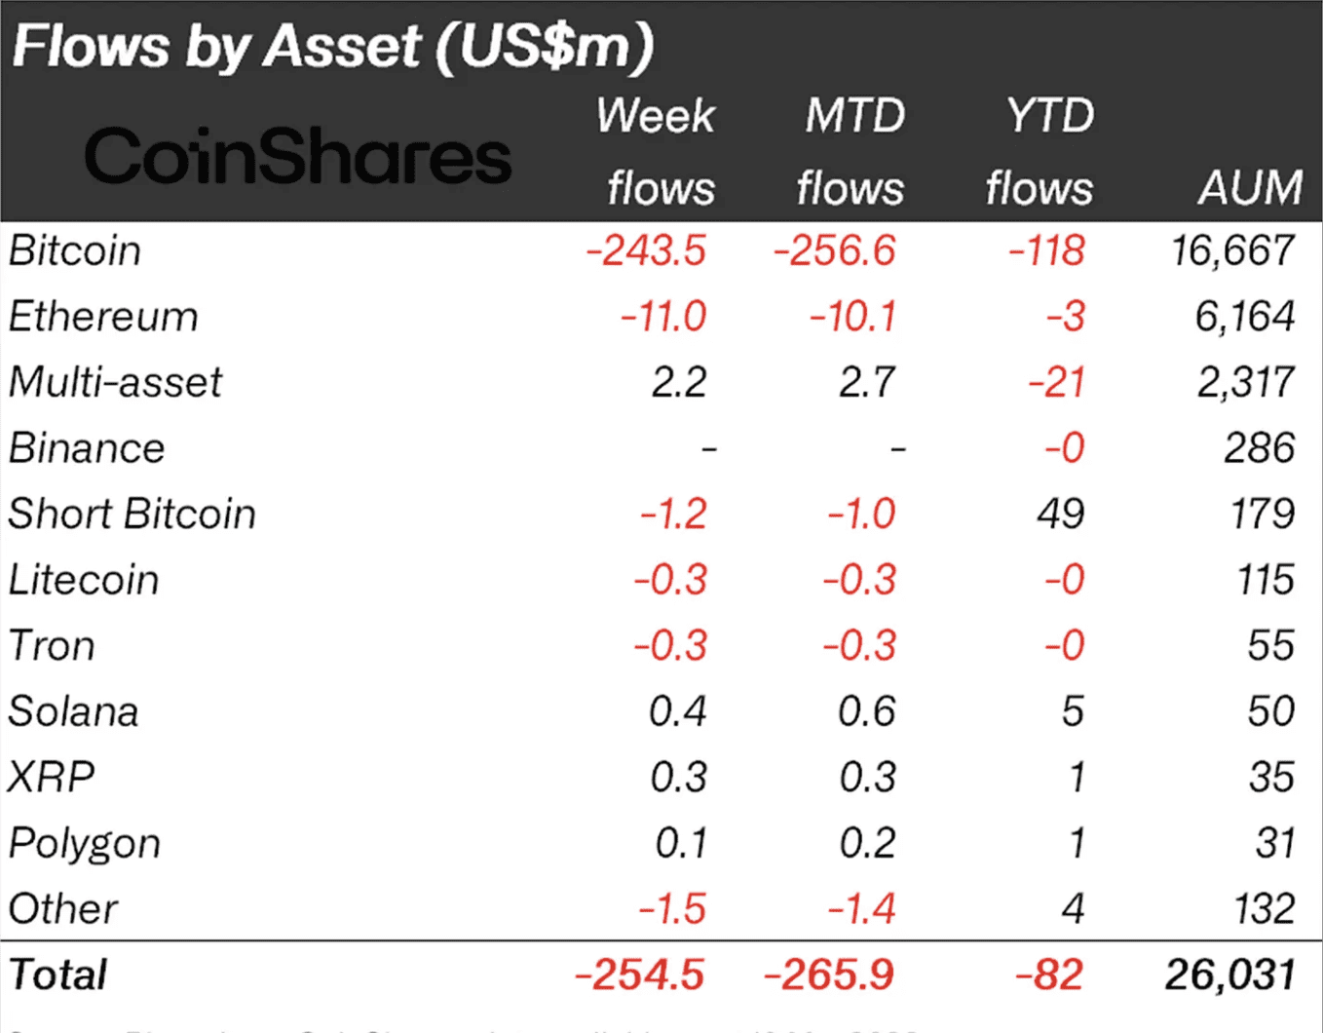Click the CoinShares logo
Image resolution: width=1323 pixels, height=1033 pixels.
[x=297, y=156]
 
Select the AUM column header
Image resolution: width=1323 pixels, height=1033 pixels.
[x=1250, y=187]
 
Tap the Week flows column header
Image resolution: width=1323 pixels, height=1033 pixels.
[x=658, y=152]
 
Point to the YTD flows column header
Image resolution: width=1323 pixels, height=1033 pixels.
[x=1041, y=152]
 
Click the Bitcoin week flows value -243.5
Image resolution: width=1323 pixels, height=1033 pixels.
[x=646, y=250]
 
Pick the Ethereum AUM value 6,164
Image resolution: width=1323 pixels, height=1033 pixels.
[x=1245, y=317]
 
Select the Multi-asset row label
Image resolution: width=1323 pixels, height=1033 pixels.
[x=115, y=382]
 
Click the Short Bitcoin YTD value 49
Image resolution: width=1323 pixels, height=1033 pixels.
[x=1060, y=514]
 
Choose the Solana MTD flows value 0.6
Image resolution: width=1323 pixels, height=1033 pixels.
[x=866, y=711]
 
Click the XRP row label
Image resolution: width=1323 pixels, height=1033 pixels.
[x=52, y=778]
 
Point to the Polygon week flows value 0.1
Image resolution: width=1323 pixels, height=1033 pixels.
[x=680, y=843]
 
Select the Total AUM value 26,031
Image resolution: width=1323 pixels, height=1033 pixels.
[x=1229, y=975]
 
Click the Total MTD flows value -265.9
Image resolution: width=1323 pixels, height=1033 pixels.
[x=829, y=975]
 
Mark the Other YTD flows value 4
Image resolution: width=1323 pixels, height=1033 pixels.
[x=1072, y=909]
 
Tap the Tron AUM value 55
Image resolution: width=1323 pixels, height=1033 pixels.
[x=1270, y=646]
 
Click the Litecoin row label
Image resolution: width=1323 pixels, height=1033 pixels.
[x=84, y=580]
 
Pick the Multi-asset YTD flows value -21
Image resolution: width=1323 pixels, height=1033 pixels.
[x=1056, y=382]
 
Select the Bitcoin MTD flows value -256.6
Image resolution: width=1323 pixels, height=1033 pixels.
[x=834, y=250]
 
